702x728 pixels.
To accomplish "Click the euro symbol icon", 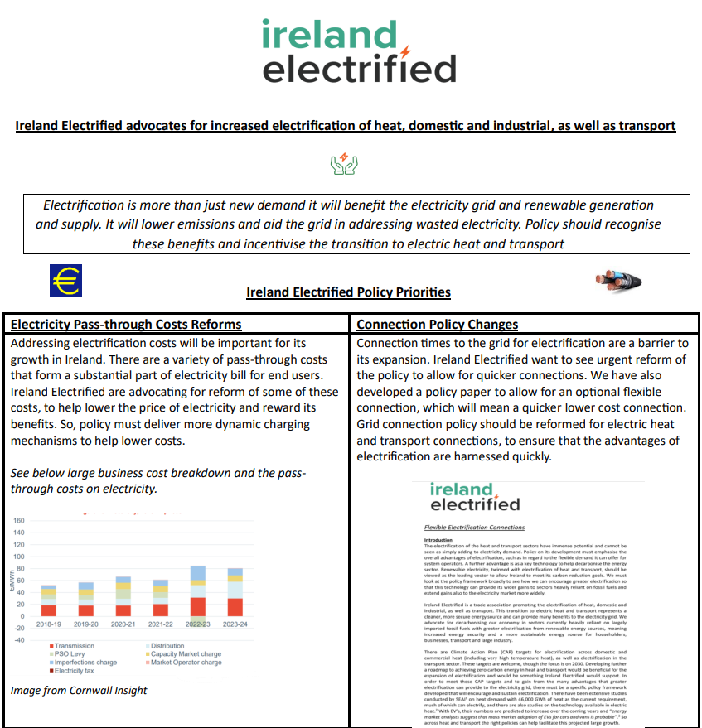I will click(66, 281).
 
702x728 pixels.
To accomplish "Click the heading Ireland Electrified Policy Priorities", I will click(348, 292).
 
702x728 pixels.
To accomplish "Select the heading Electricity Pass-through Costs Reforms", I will click(126, 324).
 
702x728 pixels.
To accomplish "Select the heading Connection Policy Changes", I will click(437, 324).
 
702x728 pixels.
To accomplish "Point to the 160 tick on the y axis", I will click(19, 521).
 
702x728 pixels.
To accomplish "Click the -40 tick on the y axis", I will click(19, 639).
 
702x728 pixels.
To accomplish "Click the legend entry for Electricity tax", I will click(73, 671).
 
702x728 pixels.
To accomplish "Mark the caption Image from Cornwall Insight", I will click(79, 690).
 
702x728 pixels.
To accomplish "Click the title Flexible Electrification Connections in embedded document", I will click(474, 527).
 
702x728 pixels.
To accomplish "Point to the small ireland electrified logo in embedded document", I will click(475, 496).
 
